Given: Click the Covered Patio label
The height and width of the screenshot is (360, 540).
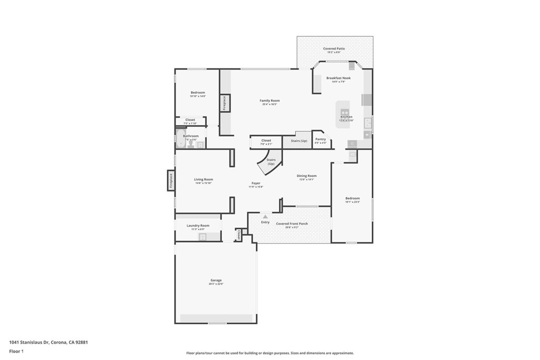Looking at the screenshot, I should (x=334, y=48).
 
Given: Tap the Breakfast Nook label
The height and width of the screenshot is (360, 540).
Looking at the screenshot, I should (x=338, y=78).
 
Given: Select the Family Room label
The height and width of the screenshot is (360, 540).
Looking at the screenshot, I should (x=269, y=100).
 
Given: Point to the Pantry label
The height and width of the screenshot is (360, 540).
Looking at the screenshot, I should (x=320, y=139).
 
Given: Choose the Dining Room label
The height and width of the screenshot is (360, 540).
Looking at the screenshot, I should (x=306, y=176).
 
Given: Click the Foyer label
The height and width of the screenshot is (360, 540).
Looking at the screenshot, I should (x=256, y=183).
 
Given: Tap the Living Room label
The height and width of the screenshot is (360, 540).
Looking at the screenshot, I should (x=204, y=179).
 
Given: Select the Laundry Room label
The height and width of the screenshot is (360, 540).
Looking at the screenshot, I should (x=198, y=226).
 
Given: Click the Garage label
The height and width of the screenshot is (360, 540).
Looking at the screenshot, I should (x=216, y=280).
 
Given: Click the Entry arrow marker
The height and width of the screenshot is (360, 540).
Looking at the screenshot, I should (x=265, y=216).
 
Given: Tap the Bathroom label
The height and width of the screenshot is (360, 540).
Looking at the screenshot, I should (x=191, y=136).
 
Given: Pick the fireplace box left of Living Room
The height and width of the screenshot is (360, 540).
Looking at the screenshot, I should (x=171, y=181).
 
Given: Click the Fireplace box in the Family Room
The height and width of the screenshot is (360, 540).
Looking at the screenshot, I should (x=224, y=103).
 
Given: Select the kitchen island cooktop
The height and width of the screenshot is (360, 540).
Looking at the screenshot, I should (x=345, y=112).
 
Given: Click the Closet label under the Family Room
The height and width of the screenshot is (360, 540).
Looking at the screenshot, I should (x=266, y=140).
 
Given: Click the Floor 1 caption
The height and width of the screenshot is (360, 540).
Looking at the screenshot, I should (x=17, y=351).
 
